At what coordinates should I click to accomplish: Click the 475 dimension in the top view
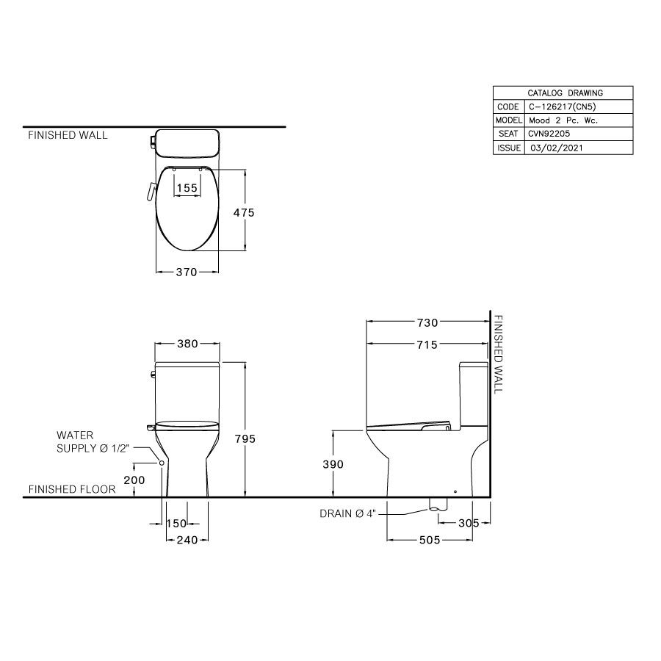[x=244, y=212]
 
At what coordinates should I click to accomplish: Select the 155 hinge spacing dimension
[x=187, y=187]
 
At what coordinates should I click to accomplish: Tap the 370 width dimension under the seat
[x=187, y=272]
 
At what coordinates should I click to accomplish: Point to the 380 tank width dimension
[x=187, y=344]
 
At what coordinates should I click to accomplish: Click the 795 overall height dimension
[x=245, y=439]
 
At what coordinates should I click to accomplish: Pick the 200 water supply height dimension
[x=134, y=480]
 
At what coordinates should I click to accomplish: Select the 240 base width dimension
[x=187, y=540]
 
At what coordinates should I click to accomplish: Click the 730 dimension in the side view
[x=427, y=322]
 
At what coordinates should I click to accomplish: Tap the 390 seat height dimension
[x=333, y=464]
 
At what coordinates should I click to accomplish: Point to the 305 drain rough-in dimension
[x=469, y=523]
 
